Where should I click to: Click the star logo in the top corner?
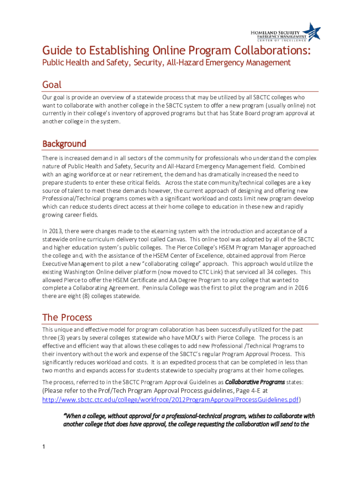pos(313,31)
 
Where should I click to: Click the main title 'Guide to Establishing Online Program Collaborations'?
pos(176,50)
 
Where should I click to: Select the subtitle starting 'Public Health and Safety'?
pos(166,63)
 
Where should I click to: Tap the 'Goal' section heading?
pos(52,85)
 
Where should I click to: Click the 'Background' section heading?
pos(64,143)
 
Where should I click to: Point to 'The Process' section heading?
pos(67,317)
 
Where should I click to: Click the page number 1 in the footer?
pos(43,447)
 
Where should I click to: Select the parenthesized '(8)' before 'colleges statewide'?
pos(89,296)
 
